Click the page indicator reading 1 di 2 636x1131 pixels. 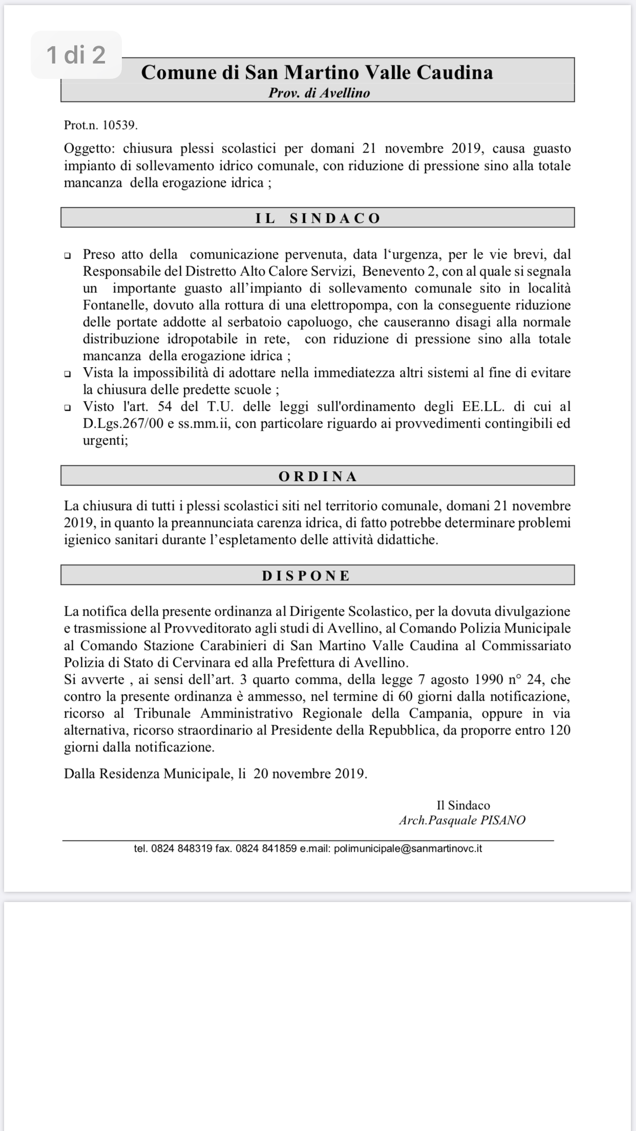pyautogui.click(x=76, y=55)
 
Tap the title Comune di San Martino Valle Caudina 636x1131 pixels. pyautogui.click(x=317, y=72)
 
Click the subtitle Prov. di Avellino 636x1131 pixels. pyautogui.click(x=319, y=93)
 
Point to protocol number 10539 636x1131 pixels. pyautogui.click(x=120, y=125)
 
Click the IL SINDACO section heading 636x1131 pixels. pyautogui.click(x=317, y=218)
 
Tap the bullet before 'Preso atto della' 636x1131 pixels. pyautogui.click(x=68, y=255)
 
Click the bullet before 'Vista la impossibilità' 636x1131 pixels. pyautogui.click(x=68, y=373)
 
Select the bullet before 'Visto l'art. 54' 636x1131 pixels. pyautogui.click(x=68, y=407)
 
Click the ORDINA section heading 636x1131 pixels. pyautogui.click(x=317, y=476)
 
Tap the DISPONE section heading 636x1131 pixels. pyautogui.click(x=306, y=576)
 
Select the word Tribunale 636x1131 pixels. pyautogui.click(x=162, y=714)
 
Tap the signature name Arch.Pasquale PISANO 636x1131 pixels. pyautogui.click(x=462, y=820)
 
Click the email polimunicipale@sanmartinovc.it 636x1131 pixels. pyautogui.click(x=408, y=848)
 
